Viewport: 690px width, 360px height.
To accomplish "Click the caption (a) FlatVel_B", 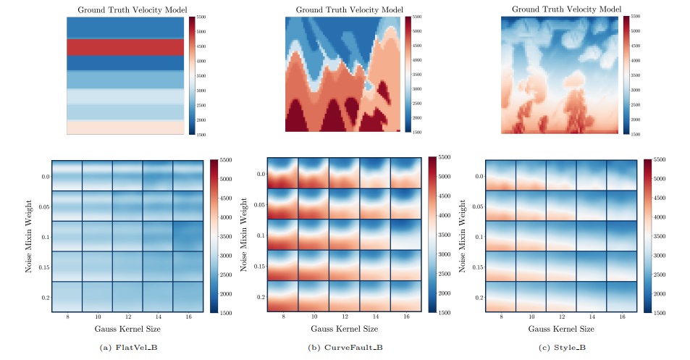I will (x=127, y=348).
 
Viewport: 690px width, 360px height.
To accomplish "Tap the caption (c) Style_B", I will (x=562, y=348).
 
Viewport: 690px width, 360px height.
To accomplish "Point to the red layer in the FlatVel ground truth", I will (x=125, y=47).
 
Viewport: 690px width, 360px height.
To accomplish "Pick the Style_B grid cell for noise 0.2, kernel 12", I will (x=560, y=296).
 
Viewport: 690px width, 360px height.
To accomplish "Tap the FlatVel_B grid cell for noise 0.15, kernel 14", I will (x=158, y=266).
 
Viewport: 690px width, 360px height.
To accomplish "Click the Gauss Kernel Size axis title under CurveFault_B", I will (x=345, y=329).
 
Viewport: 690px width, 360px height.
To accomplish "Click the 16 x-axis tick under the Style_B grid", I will (x=621, y=318).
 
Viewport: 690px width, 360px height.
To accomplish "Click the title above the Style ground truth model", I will (x=560, y=9).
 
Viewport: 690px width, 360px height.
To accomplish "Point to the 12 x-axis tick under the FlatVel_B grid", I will (x=127, y=318).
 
